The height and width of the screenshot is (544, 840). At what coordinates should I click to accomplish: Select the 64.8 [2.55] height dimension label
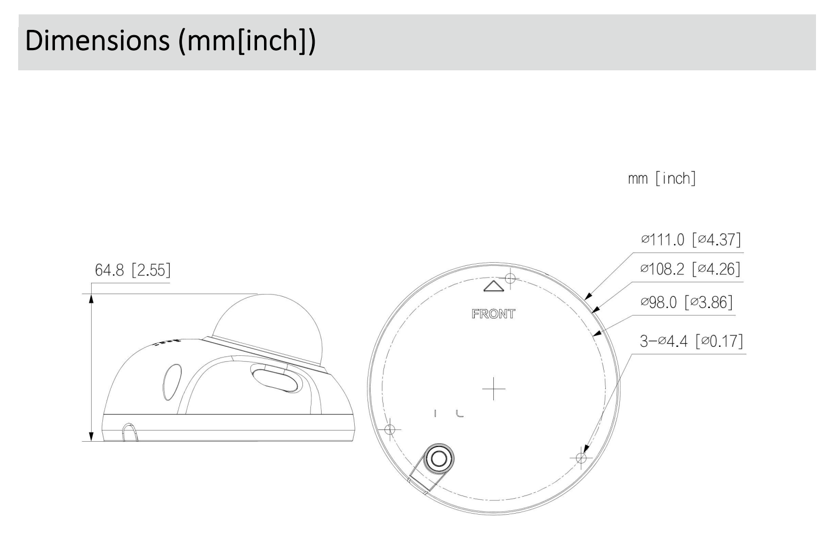point(133,270)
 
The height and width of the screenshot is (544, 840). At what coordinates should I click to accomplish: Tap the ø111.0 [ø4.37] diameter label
point(691,240)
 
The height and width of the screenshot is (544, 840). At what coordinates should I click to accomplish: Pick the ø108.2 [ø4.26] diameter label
point(691,269)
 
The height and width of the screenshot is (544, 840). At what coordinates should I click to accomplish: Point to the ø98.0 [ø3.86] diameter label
point(686,302)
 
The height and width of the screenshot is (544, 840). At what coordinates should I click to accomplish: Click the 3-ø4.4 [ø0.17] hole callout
point(691,340)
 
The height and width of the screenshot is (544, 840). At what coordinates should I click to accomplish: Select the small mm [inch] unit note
point(662,178)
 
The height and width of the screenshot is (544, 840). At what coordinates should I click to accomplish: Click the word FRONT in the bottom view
point(493,314)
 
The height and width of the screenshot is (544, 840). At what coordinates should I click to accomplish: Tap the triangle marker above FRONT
point(493,287)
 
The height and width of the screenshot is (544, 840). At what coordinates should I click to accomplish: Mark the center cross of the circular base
point(494,388)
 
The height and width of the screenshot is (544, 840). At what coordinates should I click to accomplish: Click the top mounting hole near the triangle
point(510,278)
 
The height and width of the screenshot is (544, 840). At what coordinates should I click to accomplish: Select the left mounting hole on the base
point(390,429)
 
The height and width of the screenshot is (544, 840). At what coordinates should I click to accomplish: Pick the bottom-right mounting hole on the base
point(581,458)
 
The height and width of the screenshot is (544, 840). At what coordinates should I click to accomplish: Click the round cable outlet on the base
point(439,458)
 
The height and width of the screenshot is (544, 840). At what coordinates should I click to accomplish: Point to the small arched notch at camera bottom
point(129,433)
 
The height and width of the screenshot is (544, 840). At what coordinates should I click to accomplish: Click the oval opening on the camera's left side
point(172,382)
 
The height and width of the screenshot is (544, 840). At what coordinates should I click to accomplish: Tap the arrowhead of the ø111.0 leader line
point(587,297)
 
